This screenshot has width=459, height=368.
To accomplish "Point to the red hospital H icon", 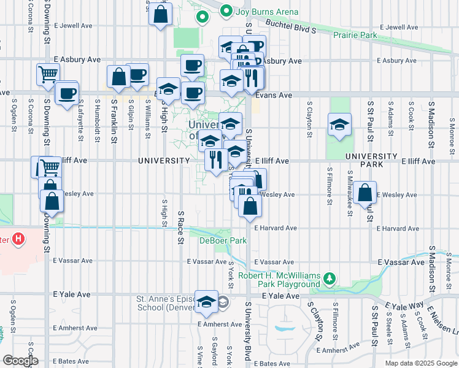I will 18,239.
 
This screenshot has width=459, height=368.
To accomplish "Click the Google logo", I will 20,361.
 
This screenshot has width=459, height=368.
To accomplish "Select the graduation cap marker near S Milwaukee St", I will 339,125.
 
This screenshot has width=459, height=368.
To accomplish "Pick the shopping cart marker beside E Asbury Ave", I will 48,75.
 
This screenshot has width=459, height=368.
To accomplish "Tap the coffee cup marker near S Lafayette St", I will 67,94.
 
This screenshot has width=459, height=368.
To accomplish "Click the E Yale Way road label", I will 403,305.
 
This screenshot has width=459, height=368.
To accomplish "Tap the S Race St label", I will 181,227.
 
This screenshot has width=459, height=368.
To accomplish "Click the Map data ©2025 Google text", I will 420,363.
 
